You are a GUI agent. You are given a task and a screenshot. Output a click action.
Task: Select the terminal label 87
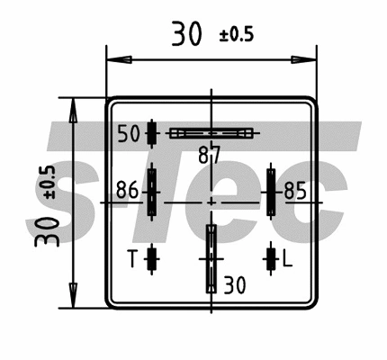click(x=209, y=155)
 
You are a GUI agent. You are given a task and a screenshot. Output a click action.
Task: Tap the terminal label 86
click(x=127, y=191)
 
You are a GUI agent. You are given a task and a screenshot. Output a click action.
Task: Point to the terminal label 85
click(x=294, y=191)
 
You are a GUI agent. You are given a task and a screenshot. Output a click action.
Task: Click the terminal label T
click(x=131, y=260)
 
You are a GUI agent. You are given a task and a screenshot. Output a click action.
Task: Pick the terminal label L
click(x=287, y=260)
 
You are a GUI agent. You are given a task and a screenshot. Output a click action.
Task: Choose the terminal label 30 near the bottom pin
click(x=233, y=286)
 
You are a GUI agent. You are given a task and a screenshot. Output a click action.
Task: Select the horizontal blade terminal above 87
click(x=213, y=133)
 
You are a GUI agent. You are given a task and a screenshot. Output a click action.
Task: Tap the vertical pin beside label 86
click(x=152, y=191)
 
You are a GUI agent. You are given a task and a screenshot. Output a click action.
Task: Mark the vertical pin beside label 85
click(x=268, y=191)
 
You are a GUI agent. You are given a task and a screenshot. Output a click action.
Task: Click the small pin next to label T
click(x=151, y=259)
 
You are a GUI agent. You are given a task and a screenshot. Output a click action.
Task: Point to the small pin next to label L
click(x=268, y=259)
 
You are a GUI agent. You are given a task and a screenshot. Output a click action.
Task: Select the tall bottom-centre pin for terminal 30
click(x=211, y=258)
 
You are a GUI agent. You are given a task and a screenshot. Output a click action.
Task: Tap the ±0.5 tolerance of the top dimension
click(x=237, y=37)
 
